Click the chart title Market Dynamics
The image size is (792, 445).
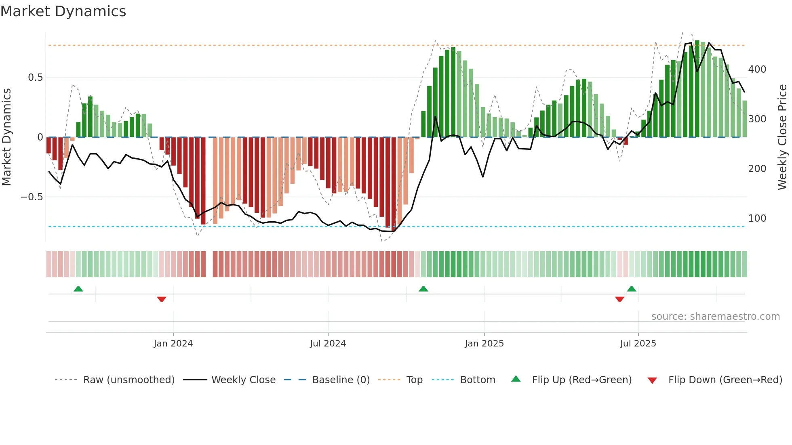click(x=63, y=11)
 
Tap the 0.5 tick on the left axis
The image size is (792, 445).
click(x=35, y=78)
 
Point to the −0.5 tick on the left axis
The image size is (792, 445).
click(x=32, y=197)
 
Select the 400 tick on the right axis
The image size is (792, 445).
click(x=757, y=69)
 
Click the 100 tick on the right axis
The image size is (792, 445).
click(x=757, y=218)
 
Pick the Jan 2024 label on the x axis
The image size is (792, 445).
click(x=173, y=344)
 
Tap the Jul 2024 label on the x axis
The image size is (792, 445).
click(x=328, y=344)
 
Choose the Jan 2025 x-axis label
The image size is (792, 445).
click(x=484, y=344)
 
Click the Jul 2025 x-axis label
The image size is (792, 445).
click(x=638, y=344)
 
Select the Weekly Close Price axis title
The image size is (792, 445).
click(x=782, y=137)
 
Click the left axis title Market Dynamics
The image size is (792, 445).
click(x=6, y=137)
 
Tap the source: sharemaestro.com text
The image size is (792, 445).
click(x=715, y=317)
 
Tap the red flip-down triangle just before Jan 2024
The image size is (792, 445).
click(x=162, y=299)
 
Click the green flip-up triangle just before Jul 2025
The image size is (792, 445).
click(x=632, y=289)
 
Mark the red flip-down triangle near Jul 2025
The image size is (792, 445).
click(x=619, y=299)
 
